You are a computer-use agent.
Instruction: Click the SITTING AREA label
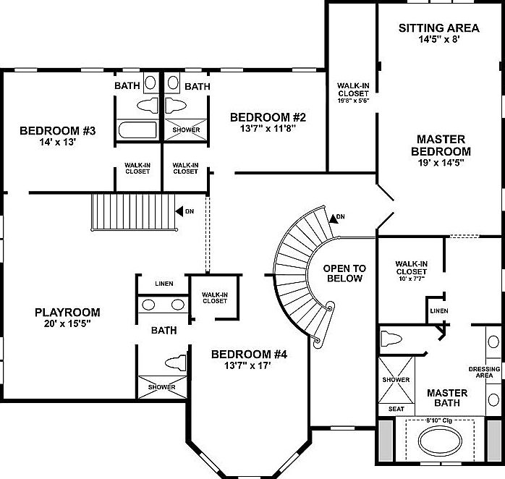click(x=438, y=28)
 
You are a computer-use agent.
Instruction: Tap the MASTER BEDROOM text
click(x=441, y=145)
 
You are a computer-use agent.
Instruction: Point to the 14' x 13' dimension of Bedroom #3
click(x=48, y=143)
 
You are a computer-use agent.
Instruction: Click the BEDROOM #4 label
click(x=250, y=355)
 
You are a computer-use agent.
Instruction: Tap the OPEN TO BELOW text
click(x=346, y=273)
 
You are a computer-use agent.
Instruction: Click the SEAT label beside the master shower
click(x=396, y=409)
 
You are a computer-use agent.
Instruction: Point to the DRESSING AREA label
click(x=484, y=372)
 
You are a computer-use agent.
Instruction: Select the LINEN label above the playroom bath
click(x=164, y=283)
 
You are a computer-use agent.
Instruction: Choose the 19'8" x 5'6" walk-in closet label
click(x=353, y=93)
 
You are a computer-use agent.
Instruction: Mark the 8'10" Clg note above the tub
click(x=441, y=420)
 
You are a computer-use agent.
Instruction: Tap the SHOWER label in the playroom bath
click(x=162, y=387)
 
